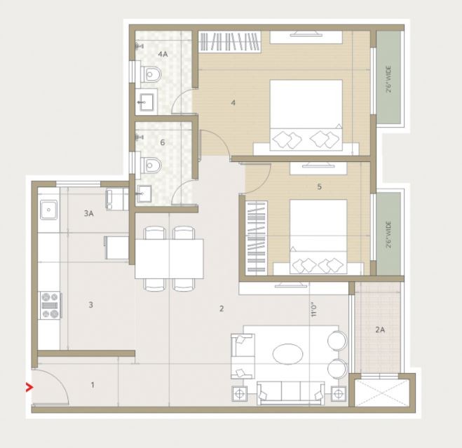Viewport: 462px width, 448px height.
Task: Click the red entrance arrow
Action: (x=29, y=387)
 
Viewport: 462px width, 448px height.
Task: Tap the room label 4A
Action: (x=163, y=54)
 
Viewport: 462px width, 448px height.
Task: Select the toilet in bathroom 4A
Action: (x=151, y=74)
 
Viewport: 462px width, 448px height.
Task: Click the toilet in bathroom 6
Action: (x=151, y=165)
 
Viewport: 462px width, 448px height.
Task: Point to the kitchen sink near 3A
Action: (x=48, y=210)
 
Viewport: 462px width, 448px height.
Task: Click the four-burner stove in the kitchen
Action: (x=50, y=305)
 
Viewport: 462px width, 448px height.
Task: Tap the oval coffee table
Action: (x=287, y=354)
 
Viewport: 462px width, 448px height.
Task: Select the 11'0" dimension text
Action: (x=314, y=311)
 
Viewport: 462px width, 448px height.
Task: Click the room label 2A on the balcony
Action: (x=380, y=330)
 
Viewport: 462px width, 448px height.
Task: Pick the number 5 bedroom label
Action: (x=320, y=187)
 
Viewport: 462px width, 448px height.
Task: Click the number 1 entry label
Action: (x=93, y=385)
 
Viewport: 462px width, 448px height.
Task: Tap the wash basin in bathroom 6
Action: (x=144, y=194)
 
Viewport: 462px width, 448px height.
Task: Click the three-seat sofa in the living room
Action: (x=290, y=393)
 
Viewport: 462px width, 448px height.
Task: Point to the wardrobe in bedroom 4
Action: (x=230, y=41)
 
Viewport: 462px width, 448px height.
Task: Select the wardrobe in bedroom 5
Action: (x=257, y=237)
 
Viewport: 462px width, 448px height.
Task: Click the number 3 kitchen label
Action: (x=90, y=305)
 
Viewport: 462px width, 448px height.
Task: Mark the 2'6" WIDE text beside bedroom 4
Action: (x=389, y=79)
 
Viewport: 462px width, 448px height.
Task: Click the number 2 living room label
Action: (x=222, y=308)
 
